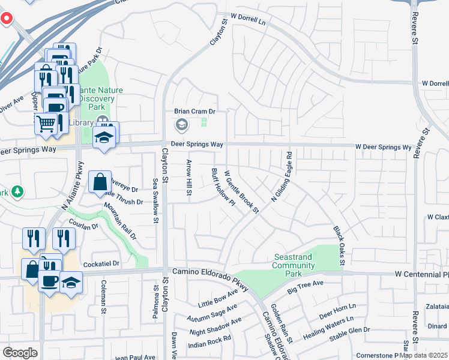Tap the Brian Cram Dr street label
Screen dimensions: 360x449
[x=194, y=111]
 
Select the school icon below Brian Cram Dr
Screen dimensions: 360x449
[x=181, y=125]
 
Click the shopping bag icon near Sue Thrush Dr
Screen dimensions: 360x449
[x=100, y=182]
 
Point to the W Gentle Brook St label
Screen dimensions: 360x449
[x=241, y=192]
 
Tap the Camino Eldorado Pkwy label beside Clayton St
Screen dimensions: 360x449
[x=210, y=272]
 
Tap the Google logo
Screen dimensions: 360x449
[x=20, y=353]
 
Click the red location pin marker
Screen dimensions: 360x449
[x=6, y=19]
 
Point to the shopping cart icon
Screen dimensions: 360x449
[x=46, y=124]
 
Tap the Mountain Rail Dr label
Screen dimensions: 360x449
[x=119, y=221]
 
